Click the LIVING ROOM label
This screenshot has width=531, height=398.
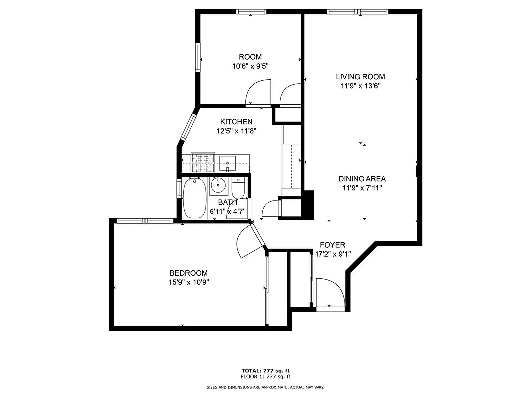360,77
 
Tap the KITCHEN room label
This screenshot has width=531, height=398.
236,122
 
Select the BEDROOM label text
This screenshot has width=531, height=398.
188,273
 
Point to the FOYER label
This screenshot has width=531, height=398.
332,245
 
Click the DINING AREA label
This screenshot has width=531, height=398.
362,179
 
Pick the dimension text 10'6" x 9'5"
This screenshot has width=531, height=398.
250,66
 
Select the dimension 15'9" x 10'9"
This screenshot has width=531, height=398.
188,282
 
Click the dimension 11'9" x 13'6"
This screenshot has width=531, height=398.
360,86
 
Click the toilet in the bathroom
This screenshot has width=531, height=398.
238,188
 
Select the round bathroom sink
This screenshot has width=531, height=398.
218,186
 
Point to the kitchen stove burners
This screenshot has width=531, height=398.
203,162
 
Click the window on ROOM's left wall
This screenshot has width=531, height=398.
198,58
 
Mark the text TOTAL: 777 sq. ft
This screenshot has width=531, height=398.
265,371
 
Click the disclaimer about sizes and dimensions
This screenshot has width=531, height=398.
265,387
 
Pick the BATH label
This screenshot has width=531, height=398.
227,202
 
